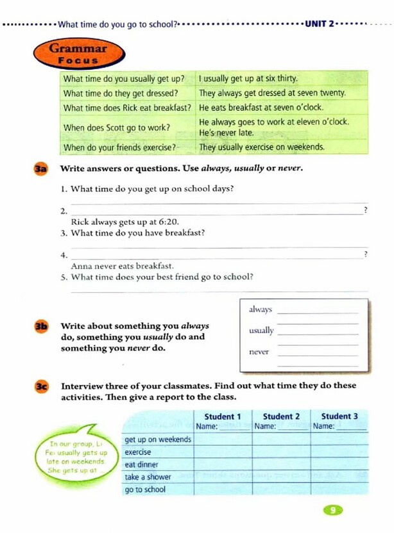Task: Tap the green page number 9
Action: pyautogui.click(x=332, y=510)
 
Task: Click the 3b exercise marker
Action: pyautogui.click(x=40, y=327)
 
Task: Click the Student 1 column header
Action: pyautogui.click(x=222, y=416)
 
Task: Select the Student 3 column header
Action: pyautogui.click(x=339, y=416)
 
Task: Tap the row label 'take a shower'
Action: pyautogui.click(x=148, y=477)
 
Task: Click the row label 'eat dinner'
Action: pyautogui.click(x=141, y=464)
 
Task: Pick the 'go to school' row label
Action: pyautogui.click(x=145, y=489)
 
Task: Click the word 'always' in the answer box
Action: pyautogui.click(x=260, y=309)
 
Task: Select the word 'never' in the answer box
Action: pyautogui.click(x=259, y=352)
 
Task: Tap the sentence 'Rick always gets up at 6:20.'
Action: pyautogui.click(x=124, y=222)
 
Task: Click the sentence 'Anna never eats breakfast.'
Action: pyautogui.click(x=122, y=265)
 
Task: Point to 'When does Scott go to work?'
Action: pyautogui.click(x=117, y=127)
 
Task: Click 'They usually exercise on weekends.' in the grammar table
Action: pyautogui.click(x=261, y=147)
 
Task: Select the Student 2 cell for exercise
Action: pyautogui.click(x=281, y=452)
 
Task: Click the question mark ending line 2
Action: pyautogui.click(x=365, y=211)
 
